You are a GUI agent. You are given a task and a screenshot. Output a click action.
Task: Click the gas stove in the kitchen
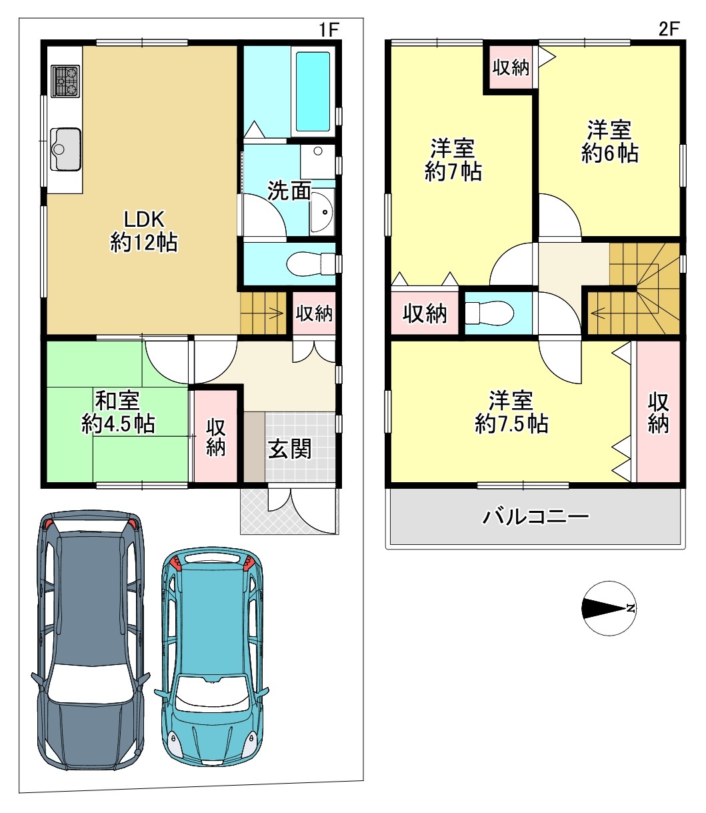(x=65, y=81)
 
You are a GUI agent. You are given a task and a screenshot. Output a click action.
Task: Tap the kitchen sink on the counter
(x=66, y=149)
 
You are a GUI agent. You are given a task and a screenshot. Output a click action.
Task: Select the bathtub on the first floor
(x=313, y=91)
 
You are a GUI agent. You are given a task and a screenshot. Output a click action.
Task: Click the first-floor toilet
(x=311, y=263)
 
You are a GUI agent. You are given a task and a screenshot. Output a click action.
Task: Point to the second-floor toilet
(x=489, y=313)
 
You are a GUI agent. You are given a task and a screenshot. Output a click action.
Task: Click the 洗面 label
(x=289, y=191)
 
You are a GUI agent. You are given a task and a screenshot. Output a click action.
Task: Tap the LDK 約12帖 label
(x=144, y=231)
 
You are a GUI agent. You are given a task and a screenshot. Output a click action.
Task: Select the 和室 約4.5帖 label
(x=118, y=412)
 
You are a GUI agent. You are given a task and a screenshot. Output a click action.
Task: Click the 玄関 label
(x=289, y=450)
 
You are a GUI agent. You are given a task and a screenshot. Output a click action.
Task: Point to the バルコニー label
(x=535, y=517)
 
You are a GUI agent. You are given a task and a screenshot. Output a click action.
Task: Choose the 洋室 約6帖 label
(x=610, y=141)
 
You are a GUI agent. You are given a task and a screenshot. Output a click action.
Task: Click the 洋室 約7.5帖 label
(x=511, y=412)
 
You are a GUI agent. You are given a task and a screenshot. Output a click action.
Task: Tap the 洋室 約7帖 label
(x=453, y=160)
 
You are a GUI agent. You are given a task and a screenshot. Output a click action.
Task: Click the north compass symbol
(x=609, y=608)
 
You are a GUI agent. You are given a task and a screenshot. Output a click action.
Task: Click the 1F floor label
(x=329, y=29)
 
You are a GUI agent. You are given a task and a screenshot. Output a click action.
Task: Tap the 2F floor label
(x=669, y=29)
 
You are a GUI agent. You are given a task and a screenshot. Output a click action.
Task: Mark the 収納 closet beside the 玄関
(x=215, y=437)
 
